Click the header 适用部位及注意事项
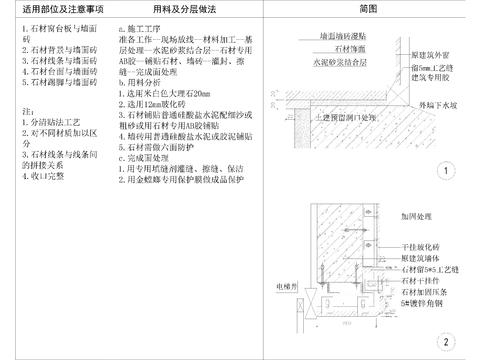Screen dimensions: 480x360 tap(58, 9)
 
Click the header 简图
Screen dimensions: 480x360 tap(367, 9)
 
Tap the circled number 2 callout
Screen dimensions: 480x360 tap(444, 341)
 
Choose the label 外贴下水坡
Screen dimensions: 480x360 tap(437, 103)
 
